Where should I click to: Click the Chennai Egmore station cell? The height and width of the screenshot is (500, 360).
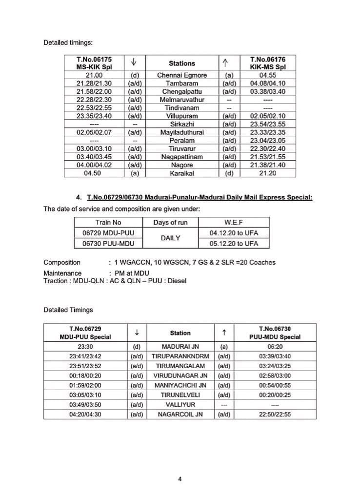181,75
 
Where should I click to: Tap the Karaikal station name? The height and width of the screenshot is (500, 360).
181,173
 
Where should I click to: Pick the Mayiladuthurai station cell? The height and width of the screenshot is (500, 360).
181,132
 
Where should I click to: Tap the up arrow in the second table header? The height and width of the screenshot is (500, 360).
223,333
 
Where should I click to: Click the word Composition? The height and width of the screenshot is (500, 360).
62,262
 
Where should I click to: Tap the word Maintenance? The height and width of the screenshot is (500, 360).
62,273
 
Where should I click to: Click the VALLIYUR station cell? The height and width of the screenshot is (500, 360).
180,405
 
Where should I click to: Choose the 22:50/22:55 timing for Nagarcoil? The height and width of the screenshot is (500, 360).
275,415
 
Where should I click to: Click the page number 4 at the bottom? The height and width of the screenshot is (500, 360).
180,479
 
